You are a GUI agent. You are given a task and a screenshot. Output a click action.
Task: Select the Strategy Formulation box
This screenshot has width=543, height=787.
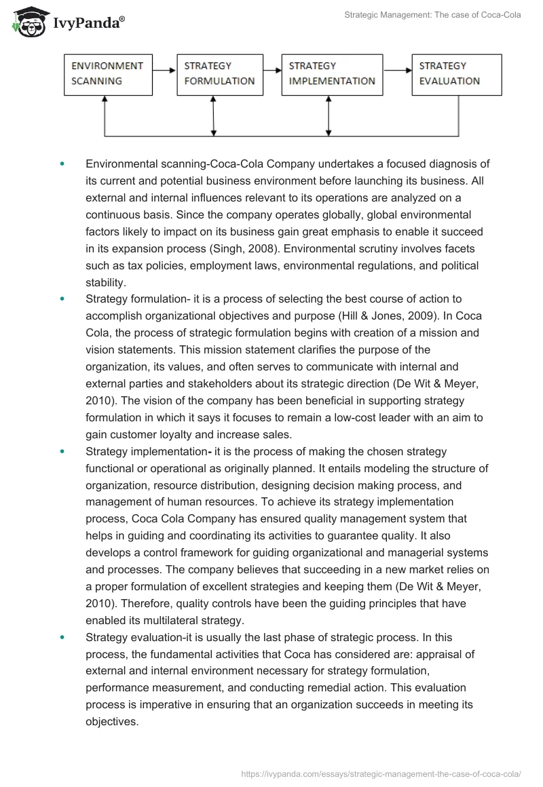pyautogui.click(x=219, y=74)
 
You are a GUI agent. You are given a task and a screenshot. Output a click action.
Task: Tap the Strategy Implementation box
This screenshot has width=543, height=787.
pyautogui.click(x=331, y=74)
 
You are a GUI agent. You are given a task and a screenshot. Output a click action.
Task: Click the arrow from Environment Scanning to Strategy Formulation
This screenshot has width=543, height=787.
pyautogui.click(x=163, y=69)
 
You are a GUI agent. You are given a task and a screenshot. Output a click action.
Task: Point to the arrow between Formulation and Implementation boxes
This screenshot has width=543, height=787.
pyautogui.click(x=271, y=69)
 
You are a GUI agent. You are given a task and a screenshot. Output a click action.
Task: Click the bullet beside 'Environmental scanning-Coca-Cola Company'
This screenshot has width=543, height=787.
pyautogui.click(x=62, y=164)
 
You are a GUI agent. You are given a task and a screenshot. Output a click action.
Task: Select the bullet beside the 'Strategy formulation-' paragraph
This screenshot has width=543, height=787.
pyautogui.click(x=62, y=298)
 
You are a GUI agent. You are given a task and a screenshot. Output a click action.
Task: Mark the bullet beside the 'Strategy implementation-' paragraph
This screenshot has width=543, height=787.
pyautogui.click(x=62, y=451)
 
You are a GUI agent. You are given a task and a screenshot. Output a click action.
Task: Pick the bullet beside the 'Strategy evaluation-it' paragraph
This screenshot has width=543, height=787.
pyautogui.click(x=62, y=638)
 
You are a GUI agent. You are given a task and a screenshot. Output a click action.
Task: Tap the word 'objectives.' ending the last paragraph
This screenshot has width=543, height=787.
pyautogui.click(x=112, y=722)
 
